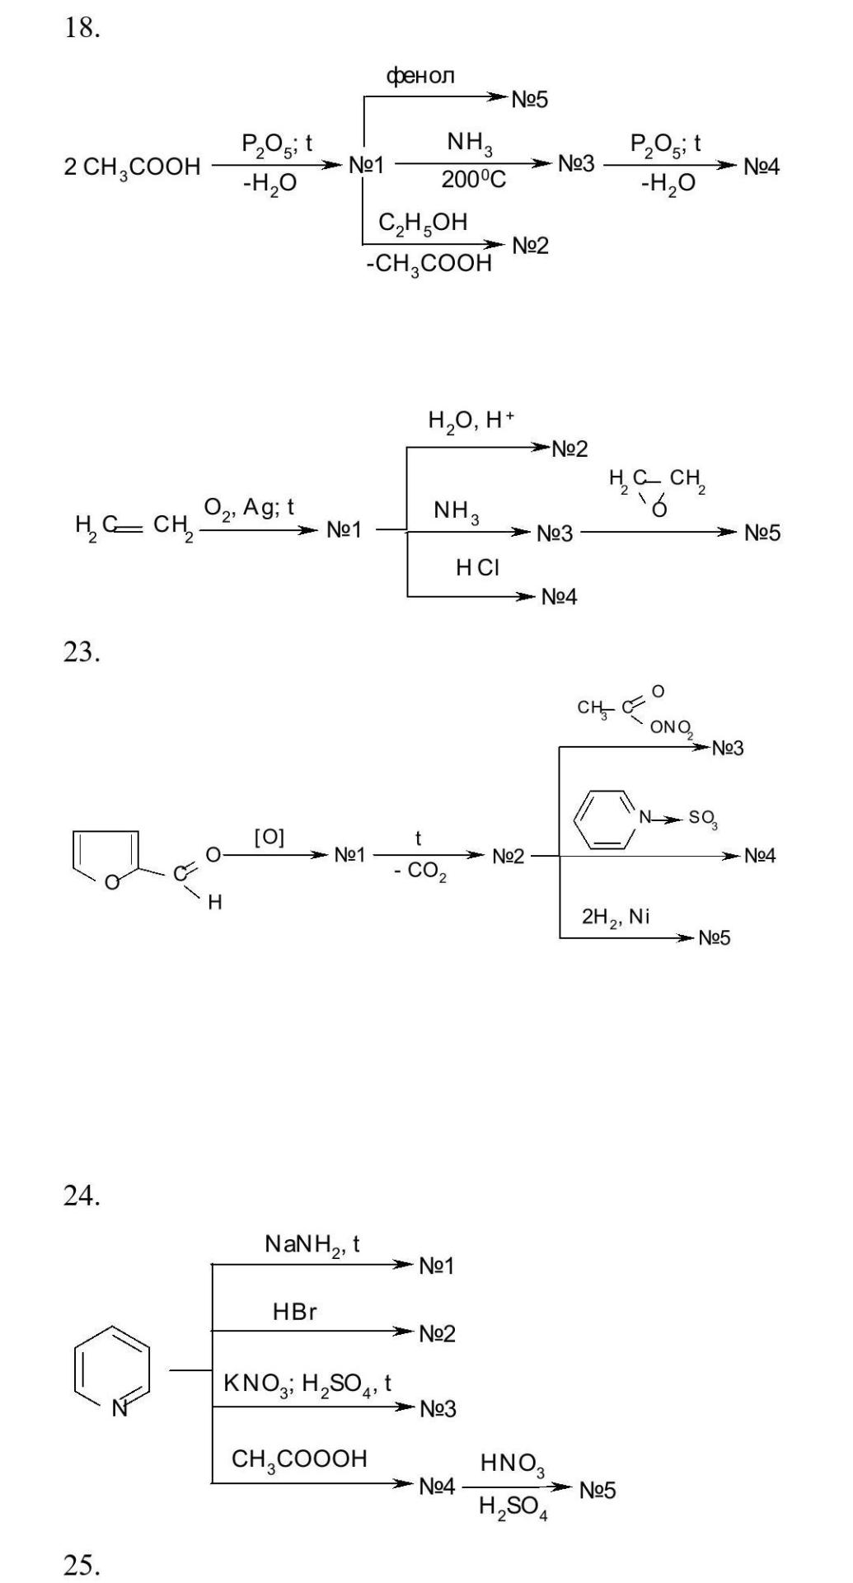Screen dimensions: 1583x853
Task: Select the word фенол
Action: [x=420, y=76]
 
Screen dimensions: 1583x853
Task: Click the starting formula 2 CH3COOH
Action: [x=132, y=167]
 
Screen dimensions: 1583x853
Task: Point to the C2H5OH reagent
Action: [x=423, y=222]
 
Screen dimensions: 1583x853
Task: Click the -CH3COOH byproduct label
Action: [x=429, y=265]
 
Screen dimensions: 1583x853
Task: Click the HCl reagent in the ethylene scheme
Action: [x=477, y=567]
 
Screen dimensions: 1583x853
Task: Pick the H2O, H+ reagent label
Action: [x=471, y=421]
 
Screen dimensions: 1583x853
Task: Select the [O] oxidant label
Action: [x=269, y=838]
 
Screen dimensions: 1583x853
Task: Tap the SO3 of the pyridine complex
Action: [x=703, y=819]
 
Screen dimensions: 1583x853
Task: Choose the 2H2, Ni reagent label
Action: [x=616, y=917]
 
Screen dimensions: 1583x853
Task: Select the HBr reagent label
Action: [x=294, y=1312]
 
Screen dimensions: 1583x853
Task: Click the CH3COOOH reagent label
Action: [x=299, y=1459]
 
